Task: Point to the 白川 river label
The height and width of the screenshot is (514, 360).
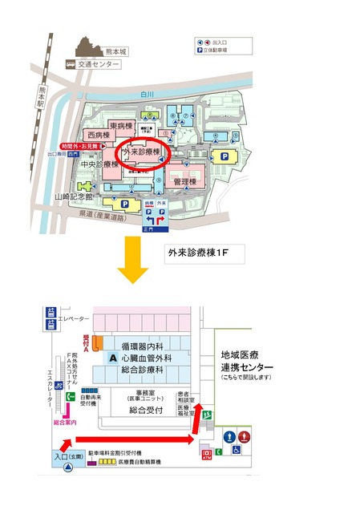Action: coord(146,95)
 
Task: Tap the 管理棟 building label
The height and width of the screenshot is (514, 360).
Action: coord(184,182)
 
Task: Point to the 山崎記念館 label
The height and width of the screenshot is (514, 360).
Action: coord(74,196)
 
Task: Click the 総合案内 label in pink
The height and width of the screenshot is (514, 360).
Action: coord(64,422)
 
